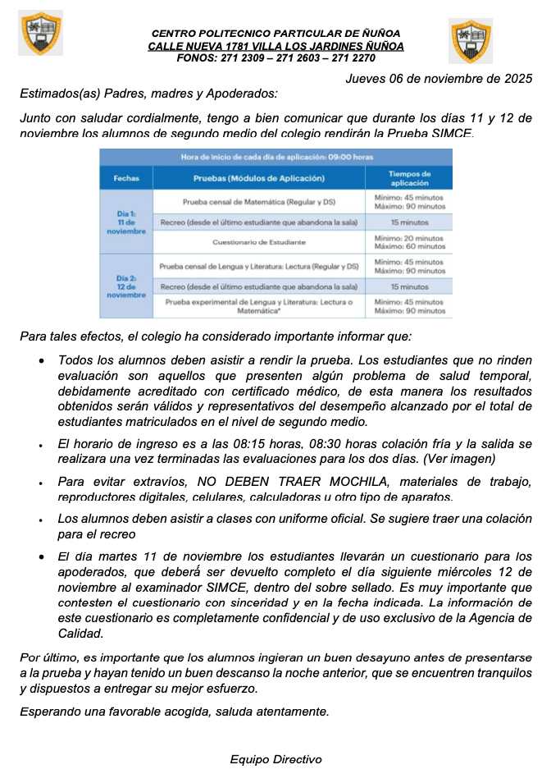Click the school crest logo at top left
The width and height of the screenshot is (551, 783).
(40, 33)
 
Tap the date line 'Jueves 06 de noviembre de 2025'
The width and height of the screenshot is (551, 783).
(439, 79)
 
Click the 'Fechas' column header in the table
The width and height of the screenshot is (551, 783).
(126, 178)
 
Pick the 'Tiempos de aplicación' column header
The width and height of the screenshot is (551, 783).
(409, 178)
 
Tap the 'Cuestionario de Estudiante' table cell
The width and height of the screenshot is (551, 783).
(258, 243)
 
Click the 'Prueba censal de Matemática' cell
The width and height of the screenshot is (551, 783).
(258, 201)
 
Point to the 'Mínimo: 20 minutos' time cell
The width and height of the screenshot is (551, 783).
(409, 238)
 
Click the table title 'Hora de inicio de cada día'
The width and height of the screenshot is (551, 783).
(275, 156)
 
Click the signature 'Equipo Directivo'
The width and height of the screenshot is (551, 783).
(275, 759)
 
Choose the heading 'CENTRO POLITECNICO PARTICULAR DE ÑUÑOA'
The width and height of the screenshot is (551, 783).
(275, 33)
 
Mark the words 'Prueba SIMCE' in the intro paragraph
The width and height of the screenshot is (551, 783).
(435, 133)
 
